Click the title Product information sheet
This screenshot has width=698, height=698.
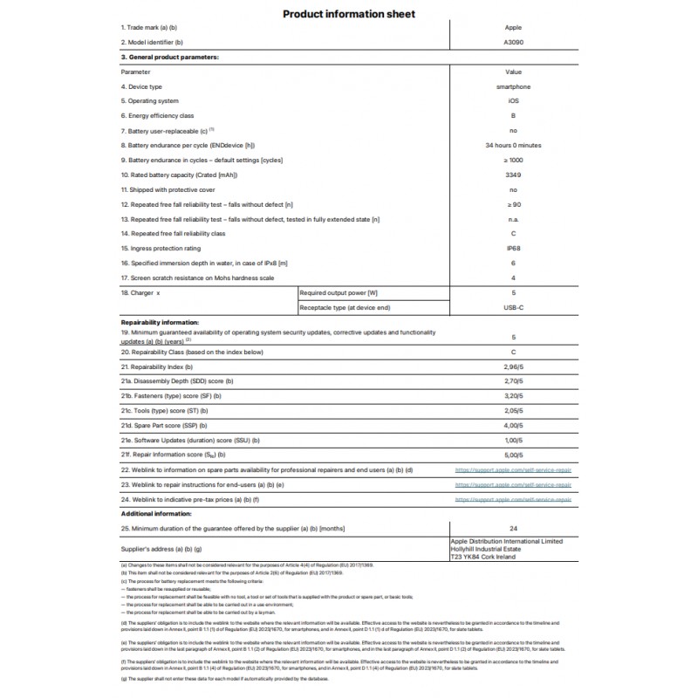[x=348, y=14]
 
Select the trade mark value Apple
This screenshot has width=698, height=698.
[x=513, y=28]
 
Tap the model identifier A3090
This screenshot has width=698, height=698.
[x=513, y=42]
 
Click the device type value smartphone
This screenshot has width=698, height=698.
[x=513, y=87]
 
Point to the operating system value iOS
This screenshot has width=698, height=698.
[x=513, y=101]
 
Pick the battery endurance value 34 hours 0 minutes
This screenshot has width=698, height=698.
[x=513, y=145]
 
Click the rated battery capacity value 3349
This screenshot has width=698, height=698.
[x=513, y=174]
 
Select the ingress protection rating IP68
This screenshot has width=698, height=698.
[x=513, y=248]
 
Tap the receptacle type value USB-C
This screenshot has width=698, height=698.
[x=513, y=307]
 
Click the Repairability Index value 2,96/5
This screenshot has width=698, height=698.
[x=513, y=366]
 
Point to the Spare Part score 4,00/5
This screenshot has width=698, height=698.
[x=513, y=425]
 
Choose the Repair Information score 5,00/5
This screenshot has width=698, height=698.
[x=513, y=455]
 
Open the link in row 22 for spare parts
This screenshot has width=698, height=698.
[x=513, y=469]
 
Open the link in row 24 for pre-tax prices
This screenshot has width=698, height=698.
[x=513, y=499]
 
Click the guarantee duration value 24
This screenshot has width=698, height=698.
[x=513, y=529]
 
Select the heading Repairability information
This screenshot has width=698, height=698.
[x=161, y=322]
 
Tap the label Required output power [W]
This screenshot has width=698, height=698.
[x=338, y=292]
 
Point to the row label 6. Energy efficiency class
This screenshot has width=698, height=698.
[x=157, y=116]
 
